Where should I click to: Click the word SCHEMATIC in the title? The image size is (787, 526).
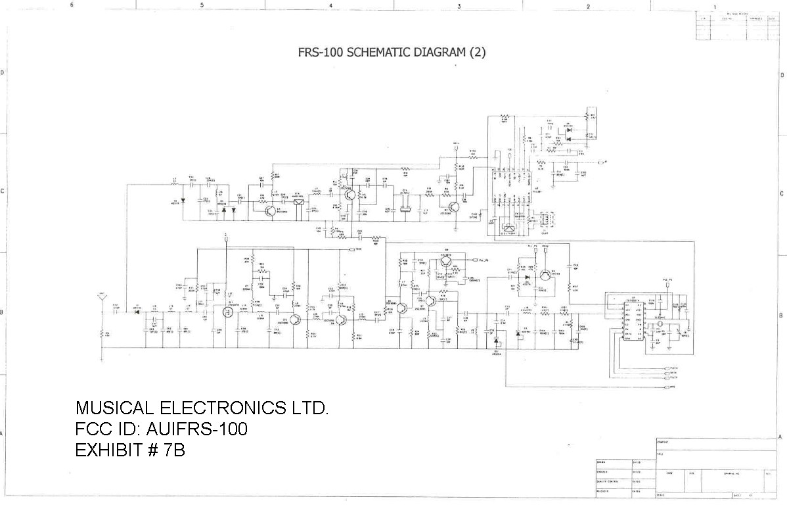point(376,53)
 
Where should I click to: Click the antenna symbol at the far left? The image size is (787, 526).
point(102,297)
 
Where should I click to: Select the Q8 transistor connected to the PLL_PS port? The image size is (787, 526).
point(447,262)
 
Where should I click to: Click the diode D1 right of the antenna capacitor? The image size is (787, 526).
point(137,310)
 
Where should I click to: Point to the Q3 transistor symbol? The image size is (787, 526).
point(270,210)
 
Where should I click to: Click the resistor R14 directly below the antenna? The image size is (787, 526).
point(102,334)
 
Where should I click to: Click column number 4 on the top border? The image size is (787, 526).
point(330,6)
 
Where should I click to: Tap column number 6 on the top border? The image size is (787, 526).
point(72,6)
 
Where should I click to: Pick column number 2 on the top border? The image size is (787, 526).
point(588,6)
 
